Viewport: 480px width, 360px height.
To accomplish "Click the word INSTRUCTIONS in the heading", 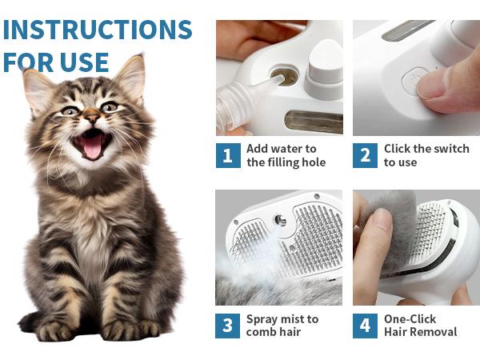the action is click(x=98, y=30).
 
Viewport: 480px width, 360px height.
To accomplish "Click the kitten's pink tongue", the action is click(x=93, y=148).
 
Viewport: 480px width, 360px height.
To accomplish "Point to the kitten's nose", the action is click(x=91, y=116).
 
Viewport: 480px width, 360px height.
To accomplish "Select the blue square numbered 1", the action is click(x=228, y=155).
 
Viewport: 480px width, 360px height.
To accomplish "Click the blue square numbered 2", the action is click(x=365, y=155).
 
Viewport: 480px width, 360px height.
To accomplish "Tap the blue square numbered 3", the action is click(x=227, y=326).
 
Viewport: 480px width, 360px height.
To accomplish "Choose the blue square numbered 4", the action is click(x=365, y=326).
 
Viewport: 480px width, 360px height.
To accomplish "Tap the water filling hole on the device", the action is click(x=284, y=75).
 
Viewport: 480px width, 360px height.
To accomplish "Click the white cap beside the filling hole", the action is click(x=325, y=70).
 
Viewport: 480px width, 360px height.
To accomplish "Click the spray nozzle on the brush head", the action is click(x=281, y=220).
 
